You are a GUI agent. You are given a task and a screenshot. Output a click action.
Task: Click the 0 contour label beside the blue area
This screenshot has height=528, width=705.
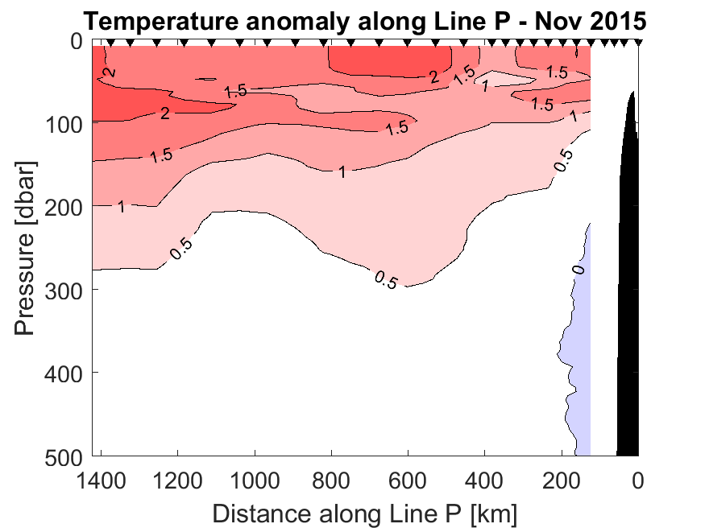[x=579, y=268]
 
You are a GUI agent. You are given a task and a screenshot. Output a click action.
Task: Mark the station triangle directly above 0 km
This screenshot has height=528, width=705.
[x=638, y=42]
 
